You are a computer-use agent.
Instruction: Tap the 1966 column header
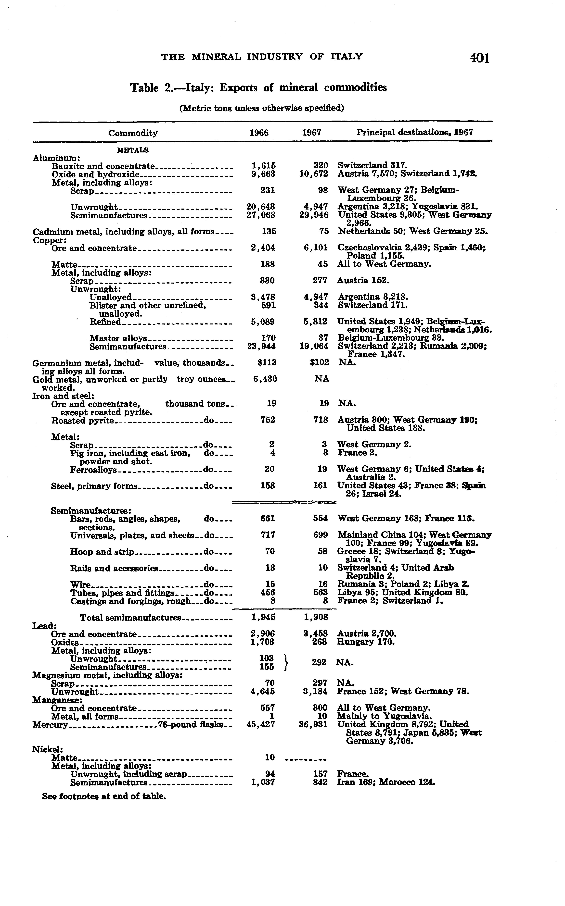259,133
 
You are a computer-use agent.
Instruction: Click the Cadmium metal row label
123,232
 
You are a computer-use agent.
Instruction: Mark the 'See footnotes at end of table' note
104,796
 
